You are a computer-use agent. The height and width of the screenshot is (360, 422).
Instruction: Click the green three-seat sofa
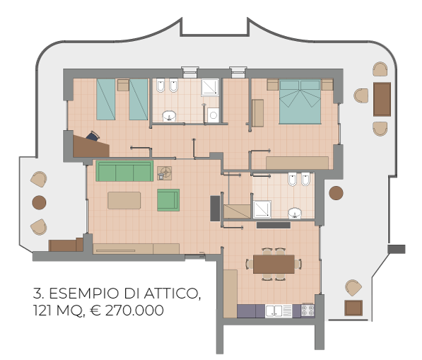coord(124,171)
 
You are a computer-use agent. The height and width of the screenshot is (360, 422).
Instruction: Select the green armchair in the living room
coord(168,200)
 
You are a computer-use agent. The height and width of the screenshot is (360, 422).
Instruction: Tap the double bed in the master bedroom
coord(300,102)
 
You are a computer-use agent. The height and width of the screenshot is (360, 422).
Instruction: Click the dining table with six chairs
coord(274,264)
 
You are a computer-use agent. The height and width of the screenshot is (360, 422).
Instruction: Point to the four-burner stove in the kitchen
coord(307,310)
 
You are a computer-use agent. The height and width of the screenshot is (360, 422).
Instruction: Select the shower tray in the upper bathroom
coord(210,87)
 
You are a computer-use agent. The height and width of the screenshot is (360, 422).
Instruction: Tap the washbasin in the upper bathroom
coord(169,116)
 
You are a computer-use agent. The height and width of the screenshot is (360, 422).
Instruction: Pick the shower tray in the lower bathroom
coord(262,209)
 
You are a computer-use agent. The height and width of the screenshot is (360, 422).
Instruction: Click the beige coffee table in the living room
coord(124,200)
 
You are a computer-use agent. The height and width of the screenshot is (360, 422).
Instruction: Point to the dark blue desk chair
coord(93,136)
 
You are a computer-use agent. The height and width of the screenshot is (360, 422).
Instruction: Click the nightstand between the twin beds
coord(123,85)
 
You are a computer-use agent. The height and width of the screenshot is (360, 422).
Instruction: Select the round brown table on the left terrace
coord(39,202)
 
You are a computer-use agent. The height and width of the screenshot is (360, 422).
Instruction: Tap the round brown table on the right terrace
coord(336,193)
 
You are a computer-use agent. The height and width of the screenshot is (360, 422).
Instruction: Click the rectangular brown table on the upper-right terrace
coord(382,99)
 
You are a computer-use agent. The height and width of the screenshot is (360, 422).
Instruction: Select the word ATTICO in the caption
coord(172,294)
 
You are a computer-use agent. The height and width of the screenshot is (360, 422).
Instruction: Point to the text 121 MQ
coord(57,311)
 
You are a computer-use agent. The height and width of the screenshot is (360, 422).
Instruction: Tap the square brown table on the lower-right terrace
coord(353,308)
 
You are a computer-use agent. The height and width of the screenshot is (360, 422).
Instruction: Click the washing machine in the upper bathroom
coord(213,115)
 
